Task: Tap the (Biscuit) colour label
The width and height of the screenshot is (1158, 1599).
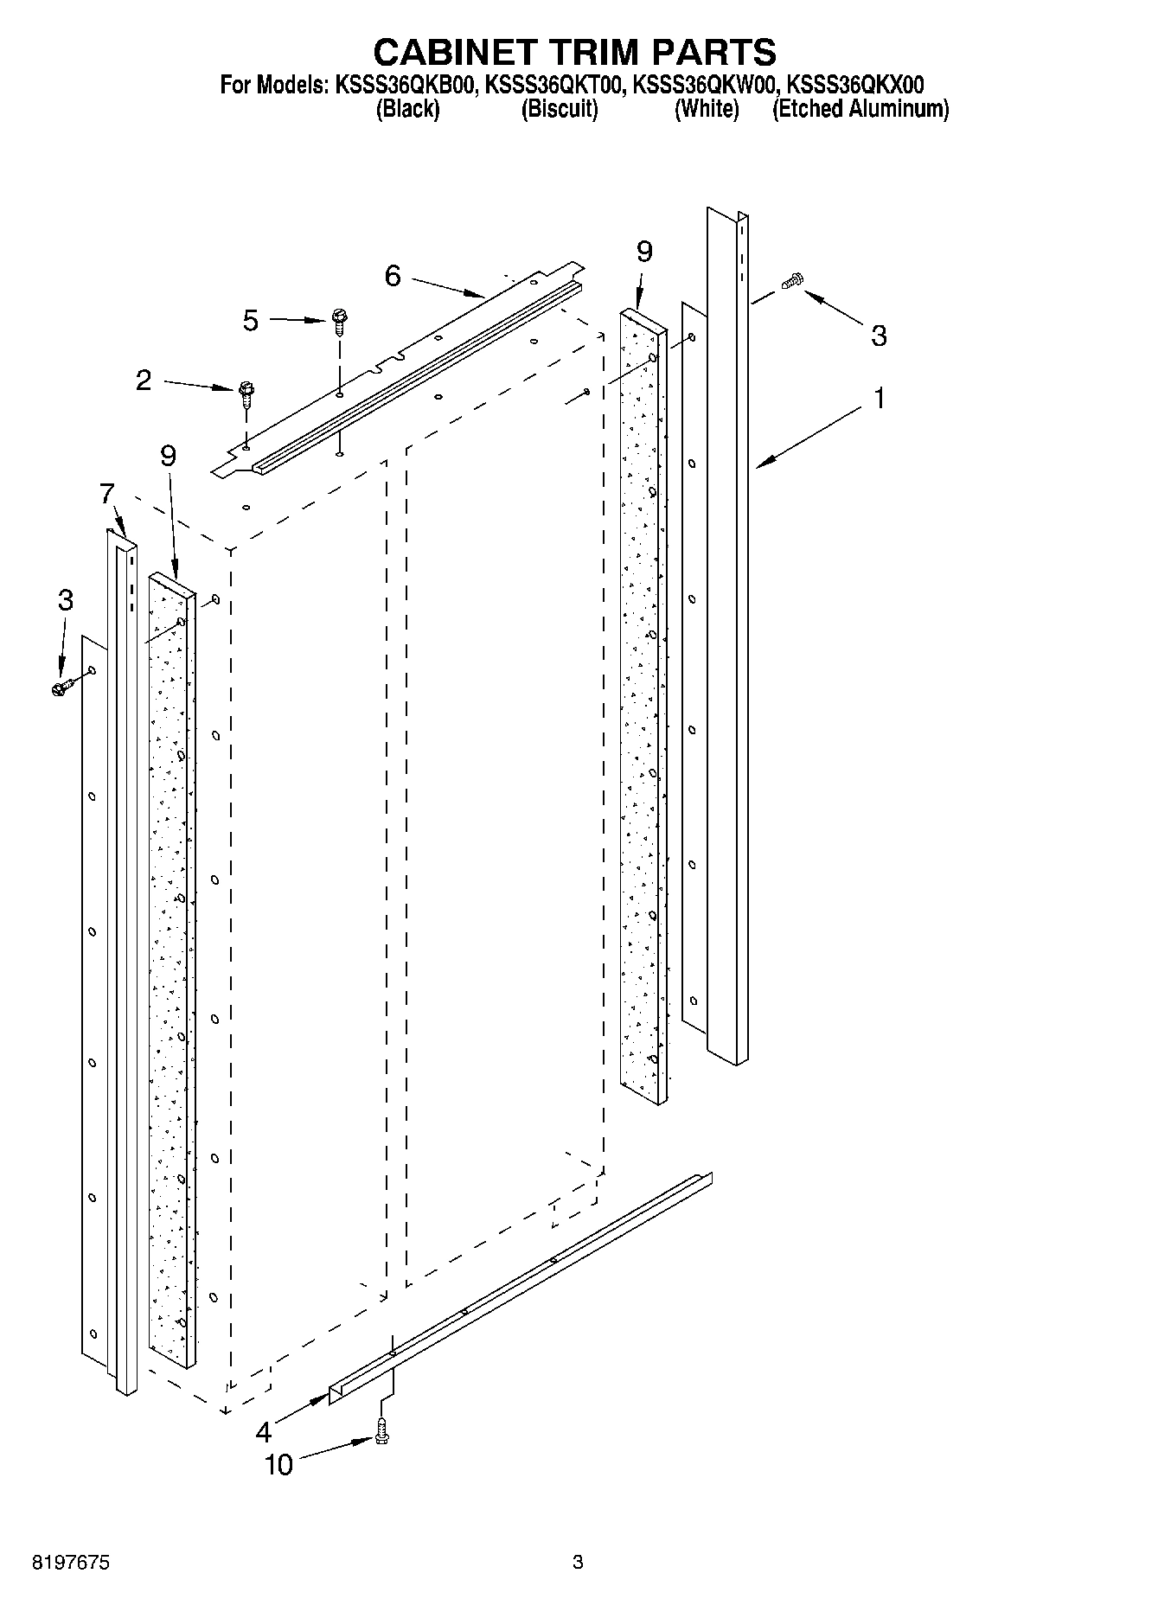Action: pyautogui.click(x=560, y=110)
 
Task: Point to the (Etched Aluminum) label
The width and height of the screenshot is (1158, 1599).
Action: pyautogui.click(x=860, y=110)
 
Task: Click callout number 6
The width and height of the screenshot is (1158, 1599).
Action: pyautogui.click(x=393, y=277)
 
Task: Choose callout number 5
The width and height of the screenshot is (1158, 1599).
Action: pyautogui.click(x=250, y=321)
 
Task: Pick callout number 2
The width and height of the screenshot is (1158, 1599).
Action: pyautogui.click(x=144, y=380)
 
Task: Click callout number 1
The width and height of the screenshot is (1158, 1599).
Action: pyautogui.click(x=880, y=399)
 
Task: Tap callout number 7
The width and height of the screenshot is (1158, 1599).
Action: pyautogui.click(x=106, y=495)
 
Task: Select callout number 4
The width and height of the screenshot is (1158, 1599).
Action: pyautogui.click(x=264, y=1433)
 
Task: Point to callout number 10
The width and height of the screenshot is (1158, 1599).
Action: pyautogui.click(x=278, y=1465)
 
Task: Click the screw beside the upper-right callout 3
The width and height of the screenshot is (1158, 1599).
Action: pyautogui.click(x=792, y=281)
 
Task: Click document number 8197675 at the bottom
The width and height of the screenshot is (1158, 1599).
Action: pyautogui.click(x=71, y=1563)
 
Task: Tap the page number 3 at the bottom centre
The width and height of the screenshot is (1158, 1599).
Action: pyautogui.click(x=578, y=1562)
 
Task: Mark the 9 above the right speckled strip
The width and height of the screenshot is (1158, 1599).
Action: pyautogui.click(x=644, y=252)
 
